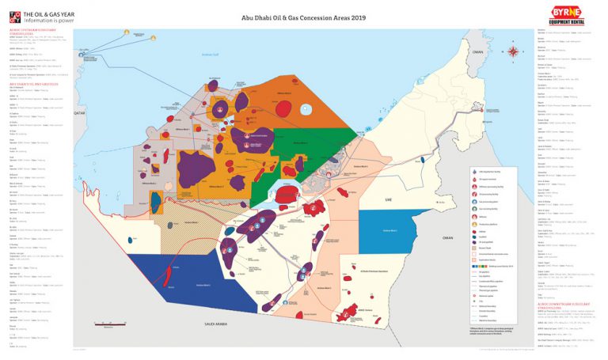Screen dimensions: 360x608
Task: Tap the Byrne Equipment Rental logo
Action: coord(567,13)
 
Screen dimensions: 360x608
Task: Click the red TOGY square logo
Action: coord(14,16)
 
